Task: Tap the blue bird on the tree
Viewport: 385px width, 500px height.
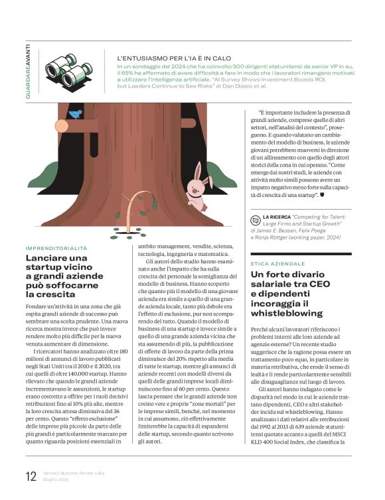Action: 75,114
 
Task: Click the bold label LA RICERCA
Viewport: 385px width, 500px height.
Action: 278,217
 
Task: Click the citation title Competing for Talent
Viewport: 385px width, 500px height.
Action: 327,217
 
